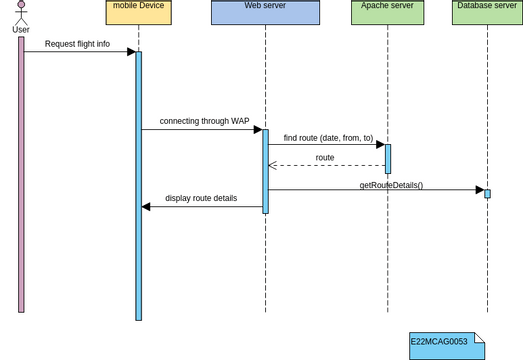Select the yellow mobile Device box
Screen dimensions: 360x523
coord(138,13)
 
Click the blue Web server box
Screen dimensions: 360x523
coord(265,13)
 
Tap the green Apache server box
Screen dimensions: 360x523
coord(387,13)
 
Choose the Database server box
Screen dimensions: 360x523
coord(487,13)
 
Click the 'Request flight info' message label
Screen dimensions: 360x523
coord(77,44)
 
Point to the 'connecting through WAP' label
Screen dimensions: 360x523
coord(204,121)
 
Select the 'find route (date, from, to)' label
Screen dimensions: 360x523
coord(328,138)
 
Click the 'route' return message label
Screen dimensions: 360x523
coord(325,158)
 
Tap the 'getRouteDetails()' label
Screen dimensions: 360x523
coord(391,185)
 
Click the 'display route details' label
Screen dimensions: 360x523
coord(201,198)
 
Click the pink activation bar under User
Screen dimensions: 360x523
coord(21,175)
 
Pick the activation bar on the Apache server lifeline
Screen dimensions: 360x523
coord(388,159)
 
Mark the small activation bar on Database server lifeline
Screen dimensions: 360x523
coord(487,193)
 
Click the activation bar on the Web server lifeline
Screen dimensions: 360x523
coord(265,170)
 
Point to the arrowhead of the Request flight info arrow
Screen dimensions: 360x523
coord(131,52)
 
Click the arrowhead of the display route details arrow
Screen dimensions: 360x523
coord(146,206)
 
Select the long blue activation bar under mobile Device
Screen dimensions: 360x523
coord(138,185)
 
